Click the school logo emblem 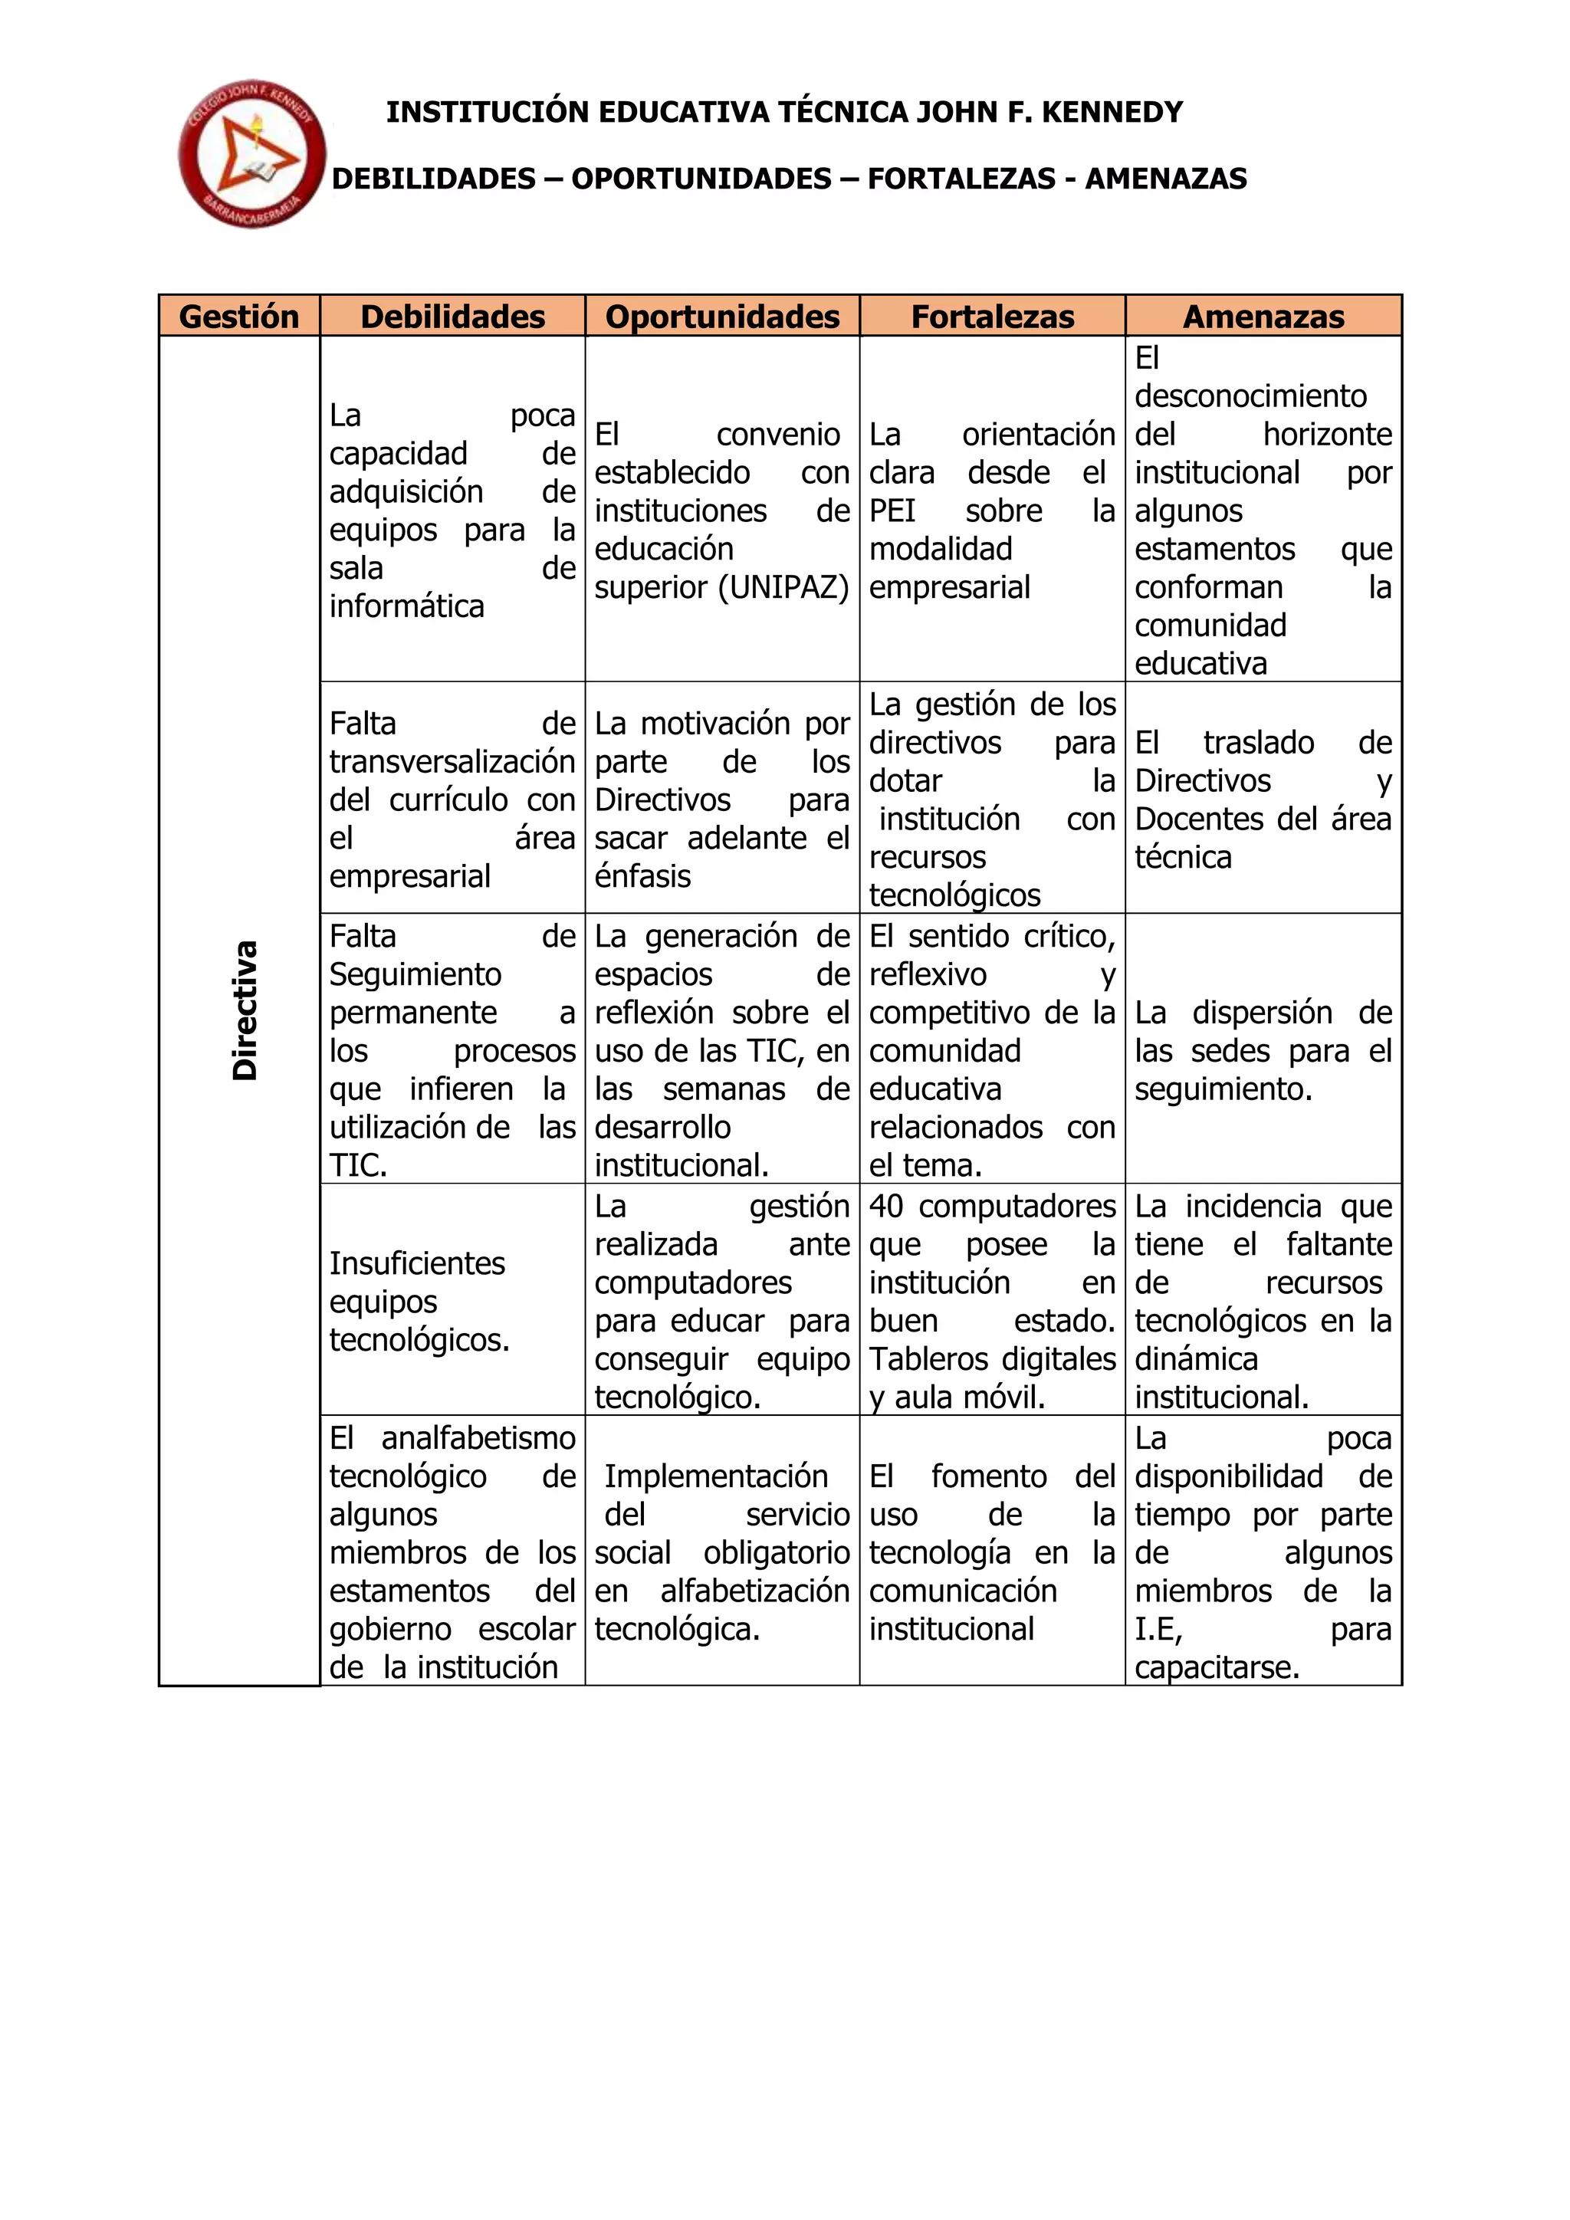[251, 155]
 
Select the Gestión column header [238, 316]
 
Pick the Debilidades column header [452, 316]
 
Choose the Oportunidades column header [722, 316]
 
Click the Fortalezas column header [993, 316]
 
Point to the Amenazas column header [1263, 316]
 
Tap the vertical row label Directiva [245, 1010]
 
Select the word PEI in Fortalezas [892, 511]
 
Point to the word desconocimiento [1250, 396]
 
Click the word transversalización [452, 762]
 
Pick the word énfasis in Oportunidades [642, 877]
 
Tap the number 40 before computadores [886, 1207]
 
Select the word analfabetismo [478, 1439]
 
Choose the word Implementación [715, 1476]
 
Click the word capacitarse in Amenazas [1216, 1668]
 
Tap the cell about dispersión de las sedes [1263, 1051]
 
